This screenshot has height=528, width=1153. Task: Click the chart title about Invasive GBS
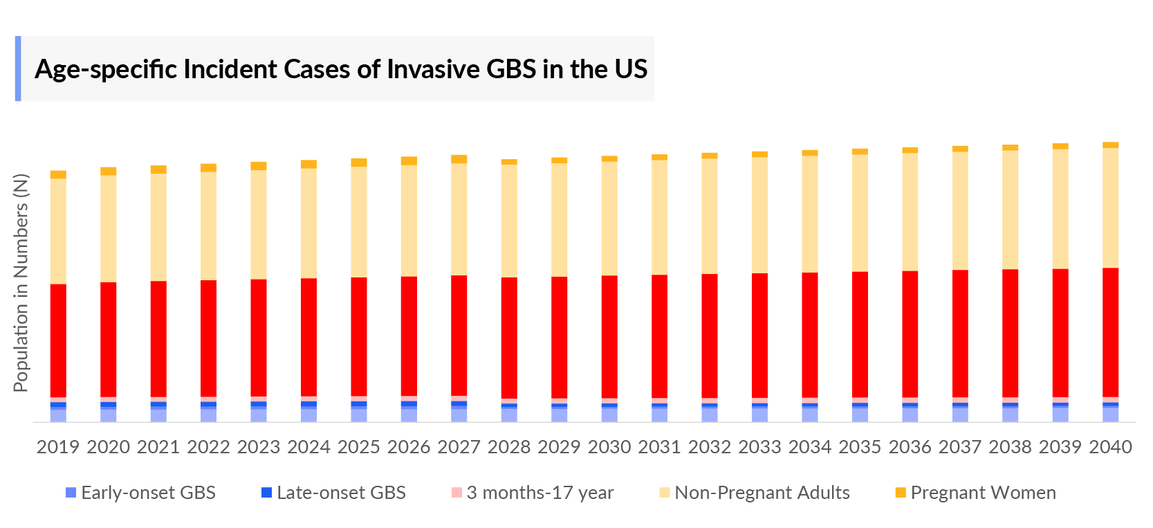click(340, 69)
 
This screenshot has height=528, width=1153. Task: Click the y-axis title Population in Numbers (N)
click(21, 283)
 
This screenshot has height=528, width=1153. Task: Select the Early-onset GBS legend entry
click(140, 493)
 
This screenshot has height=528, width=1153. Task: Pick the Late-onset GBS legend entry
click(333, 493)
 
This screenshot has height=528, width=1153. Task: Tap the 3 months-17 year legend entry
click(532, 493)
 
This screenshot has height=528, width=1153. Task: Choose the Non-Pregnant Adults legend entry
click(754, 493)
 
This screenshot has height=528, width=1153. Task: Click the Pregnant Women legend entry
click(975, 493)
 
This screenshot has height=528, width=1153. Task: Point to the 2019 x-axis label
click(58, 447)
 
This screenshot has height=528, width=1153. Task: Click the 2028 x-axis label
click(509, 447)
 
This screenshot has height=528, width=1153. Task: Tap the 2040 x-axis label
click(1110, 447)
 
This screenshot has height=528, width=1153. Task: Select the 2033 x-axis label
click(759, 447)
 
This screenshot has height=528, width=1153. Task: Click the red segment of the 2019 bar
click(58, 340)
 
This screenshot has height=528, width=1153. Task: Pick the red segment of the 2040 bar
click(1110, 332)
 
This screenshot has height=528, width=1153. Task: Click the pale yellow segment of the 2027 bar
click(459, 219)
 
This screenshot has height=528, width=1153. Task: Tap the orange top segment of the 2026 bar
click(409, 161)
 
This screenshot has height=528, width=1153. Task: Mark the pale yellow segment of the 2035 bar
click(860, 212)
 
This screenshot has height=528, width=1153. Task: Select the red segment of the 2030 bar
click(609, 336)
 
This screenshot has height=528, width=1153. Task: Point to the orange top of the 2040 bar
click(1110, 145)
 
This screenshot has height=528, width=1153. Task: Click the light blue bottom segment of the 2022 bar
click(208, 415)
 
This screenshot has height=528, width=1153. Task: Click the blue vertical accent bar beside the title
click(18, 69)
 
